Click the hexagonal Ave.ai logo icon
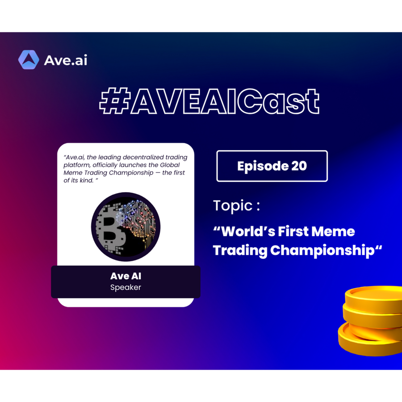pos(29,60)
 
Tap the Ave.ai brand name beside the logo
pos(66,60)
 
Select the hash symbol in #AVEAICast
pos(115,100)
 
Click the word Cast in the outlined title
pos(278,101)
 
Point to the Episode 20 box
pos(272,166)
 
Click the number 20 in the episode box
pos(299,166)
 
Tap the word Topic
pos(233,205)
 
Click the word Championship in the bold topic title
pos(322,251)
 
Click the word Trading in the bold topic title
pos(240,251)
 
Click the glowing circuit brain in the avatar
pos(137,223)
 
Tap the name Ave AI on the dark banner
pos(126,276)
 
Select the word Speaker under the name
pos(126,287)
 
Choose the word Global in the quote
pos(170,165)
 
